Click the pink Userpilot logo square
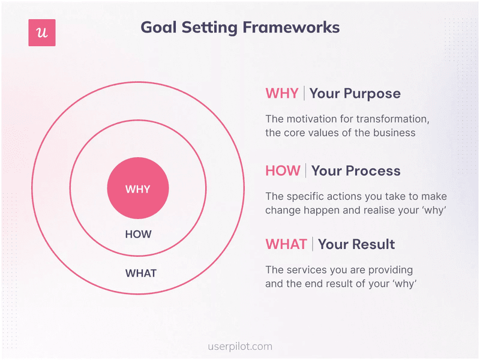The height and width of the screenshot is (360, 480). click(42, 33)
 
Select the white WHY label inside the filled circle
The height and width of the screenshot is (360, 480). click(138, 189)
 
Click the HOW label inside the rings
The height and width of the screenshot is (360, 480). click(138, 235)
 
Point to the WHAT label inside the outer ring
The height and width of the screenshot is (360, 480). click(140, 274)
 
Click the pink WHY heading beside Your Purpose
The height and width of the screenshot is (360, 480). click(281, 94)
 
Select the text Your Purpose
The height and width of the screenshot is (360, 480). click(355, 94)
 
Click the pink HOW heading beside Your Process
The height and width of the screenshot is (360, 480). click(283, 171)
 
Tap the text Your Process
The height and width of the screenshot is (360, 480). click(356, 171)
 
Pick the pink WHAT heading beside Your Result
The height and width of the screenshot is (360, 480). click(286, 244)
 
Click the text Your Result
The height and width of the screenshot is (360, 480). click(356, 244)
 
